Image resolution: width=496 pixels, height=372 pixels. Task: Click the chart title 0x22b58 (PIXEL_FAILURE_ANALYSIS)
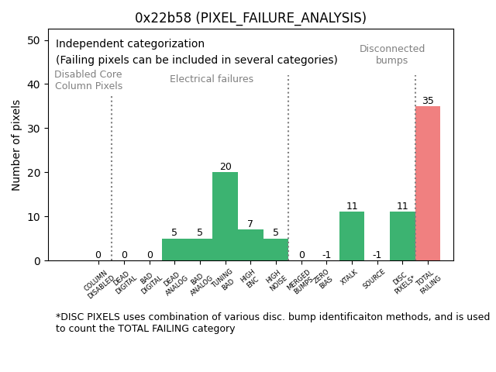250,18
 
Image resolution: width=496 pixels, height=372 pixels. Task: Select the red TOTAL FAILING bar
428,183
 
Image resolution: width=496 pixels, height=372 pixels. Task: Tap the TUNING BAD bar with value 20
225,216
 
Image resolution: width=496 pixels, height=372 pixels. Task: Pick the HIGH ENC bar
250,245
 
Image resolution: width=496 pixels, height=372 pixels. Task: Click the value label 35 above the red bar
428,101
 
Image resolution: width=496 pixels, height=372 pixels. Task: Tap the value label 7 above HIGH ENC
250,224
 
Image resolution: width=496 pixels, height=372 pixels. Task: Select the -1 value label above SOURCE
377,255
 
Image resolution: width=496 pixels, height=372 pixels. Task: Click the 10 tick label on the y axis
34,217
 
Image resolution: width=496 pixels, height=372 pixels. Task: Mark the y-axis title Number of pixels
17,145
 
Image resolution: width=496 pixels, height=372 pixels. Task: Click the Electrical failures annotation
212,79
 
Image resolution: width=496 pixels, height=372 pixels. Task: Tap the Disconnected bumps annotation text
392,55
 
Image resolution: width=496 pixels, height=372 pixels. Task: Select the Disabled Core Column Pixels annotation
88,81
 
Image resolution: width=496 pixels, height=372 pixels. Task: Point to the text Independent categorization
130,44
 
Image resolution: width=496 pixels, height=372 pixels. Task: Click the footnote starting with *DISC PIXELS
272,322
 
